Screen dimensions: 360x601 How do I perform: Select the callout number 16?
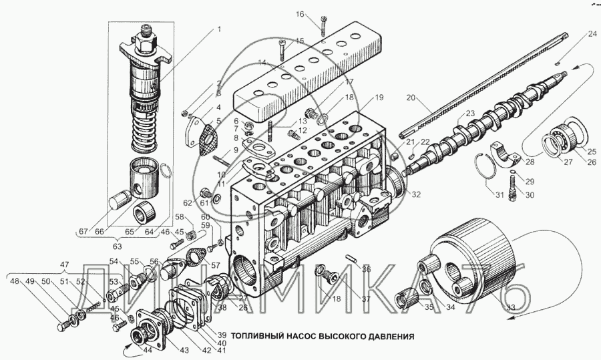tap(300, 14)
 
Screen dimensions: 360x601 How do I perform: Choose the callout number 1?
tap(218, 29)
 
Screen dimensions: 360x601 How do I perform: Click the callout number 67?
tap(83, 231)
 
